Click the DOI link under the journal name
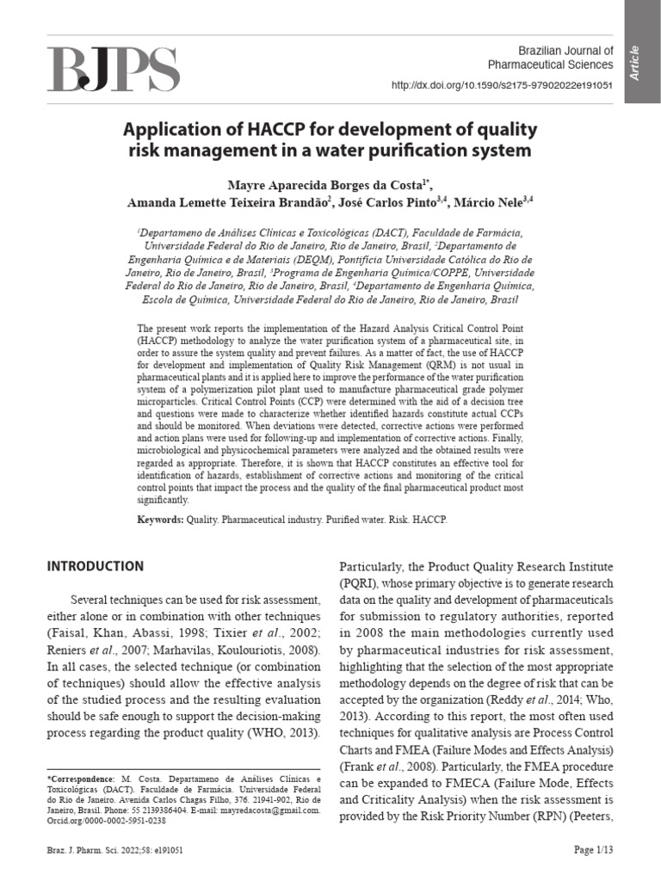(x=502, y=86)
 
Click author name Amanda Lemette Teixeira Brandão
(x=227, y=203)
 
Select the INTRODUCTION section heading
(x=95, y=566)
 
